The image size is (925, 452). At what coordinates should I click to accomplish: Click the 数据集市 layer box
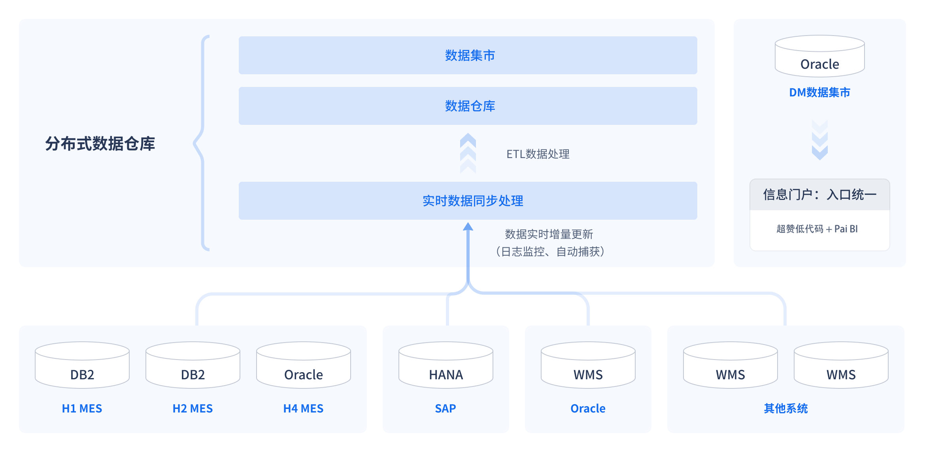coord(468,55)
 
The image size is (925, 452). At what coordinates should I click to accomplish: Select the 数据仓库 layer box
coord(468,106)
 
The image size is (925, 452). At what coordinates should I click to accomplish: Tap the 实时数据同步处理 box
coord(468,201)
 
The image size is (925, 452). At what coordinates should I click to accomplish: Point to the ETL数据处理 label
coord(538,154)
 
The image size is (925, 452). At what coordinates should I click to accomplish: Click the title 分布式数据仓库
coord(100,143)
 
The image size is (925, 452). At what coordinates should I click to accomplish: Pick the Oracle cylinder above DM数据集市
coord(820,56)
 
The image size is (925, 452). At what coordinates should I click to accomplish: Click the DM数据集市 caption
coord(820,92)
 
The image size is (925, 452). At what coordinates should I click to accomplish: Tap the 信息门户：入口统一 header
coord(820,194)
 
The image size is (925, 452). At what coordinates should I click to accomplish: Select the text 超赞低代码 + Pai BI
coord(817,229)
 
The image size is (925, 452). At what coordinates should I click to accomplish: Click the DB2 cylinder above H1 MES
coord(82,365)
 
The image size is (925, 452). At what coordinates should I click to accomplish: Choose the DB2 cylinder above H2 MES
coord(193,365)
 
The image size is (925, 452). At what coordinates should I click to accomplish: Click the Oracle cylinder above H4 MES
coord(304,365)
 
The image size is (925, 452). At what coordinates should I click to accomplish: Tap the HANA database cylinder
coord(446,365)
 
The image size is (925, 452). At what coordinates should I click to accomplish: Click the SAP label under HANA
coord(446,409)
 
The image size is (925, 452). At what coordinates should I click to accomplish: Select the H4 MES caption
coord(304,409)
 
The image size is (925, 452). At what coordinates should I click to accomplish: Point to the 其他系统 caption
coord(786,409)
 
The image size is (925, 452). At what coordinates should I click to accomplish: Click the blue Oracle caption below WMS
coord(588,409)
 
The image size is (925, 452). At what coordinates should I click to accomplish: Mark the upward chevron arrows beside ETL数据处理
coord(468,153)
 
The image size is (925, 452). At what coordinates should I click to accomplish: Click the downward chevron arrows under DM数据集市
coord(820,140)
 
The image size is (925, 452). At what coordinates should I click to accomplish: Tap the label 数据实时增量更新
coord(549,234)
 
